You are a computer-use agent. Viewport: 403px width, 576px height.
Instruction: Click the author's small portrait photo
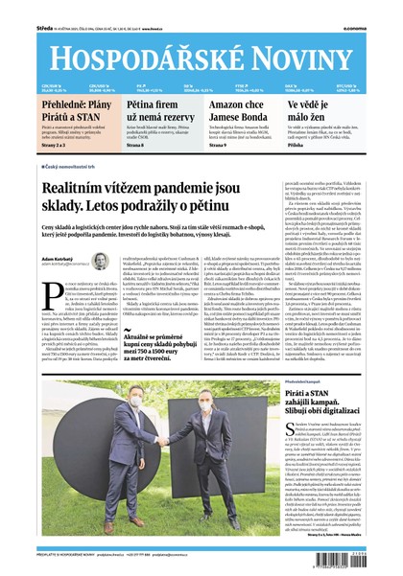click(99, 260)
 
